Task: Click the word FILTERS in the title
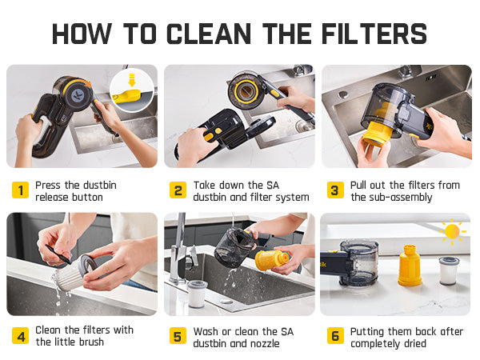click(x=374, y=34)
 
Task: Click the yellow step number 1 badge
click(x=21, y=190)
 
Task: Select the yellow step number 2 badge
click(x=178, y=190)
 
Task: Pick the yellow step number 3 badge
click(x=335, y=190)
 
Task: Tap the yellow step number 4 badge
click(x=21, y=336)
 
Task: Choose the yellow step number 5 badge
click(x=178, y=336)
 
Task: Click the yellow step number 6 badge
click(x=335, y=336)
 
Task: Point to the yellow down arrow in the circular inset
click(x=132, y=80)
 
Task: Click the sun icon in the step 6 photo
click(x=452, y=232)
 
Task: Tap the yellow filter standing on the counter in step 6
click(x=410, y=266)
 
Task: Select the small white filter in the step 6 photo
click(x=449, y=271)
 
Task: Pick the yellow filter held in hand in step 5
click(x=272, y=260)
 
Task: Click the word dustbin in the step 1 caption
click(x=100, y=186)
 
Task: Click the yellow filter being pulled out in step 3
click(x=378, y=133)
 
